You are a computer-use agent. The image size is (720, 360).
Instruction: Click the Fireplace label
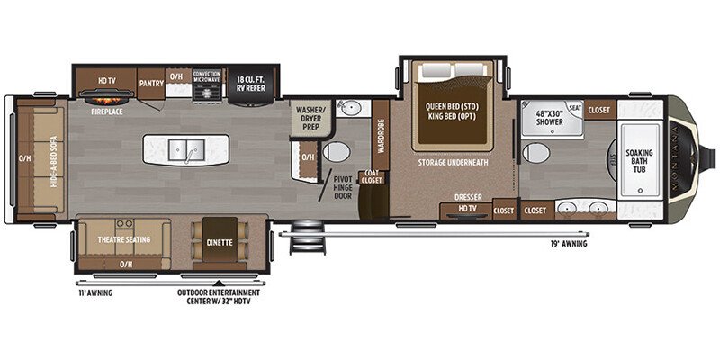click(108, 114)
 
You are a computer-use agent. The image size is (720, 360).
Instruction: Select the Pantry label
click(150, 83)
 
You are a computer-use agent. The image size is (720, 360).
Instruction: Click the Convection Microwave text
click(208, 79)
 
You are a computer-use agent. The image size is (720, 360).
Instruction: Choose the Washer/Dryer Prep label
click(310, 117)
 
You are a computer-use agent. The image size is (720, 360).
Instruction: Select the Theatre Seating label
click(123, 239)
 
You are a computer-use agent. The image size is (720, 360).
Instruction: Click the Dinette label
click(218, 242)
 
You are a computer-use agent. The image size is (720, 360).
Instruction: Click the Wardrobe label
click(381, 137)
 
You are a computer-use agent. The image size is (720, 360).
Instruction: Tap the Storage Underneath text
click(453, 163)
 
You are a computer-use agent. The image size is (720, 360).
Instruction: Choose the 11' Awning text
click(94, 292)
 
